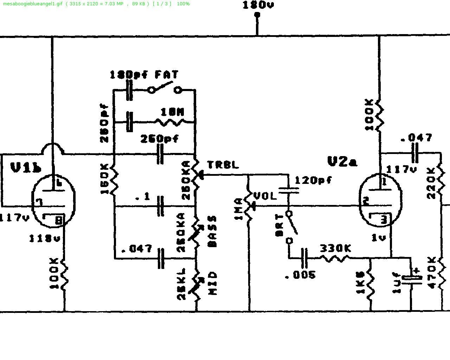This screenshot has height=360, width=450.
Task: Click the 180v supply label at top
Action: [258, 5]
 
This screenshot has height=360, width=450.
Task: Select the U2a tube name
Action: [342, 161]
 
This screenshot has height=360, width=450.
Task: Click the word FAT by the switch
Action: [167, 75]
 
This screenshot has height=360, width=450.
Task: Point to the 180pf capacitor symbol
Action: [129, 90]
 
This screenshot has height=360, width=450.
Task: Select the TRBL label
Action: [223, 164]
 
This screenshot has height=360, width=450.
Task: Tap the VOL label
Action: [265, 196]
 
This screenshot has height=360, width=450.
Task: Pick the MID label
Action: [213, 283]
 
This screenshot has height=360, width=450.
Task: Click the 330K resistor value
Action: [335, 249]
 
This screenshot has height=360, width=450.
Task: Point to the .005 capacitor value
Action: [300, 275]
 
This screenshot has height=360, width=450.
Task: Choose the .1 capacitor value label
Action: [142, 197]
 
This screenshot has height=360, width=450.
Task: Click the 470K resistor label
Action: [432, 272]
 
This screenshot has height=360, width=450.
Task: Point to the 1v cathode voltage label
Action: [378, 238]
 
